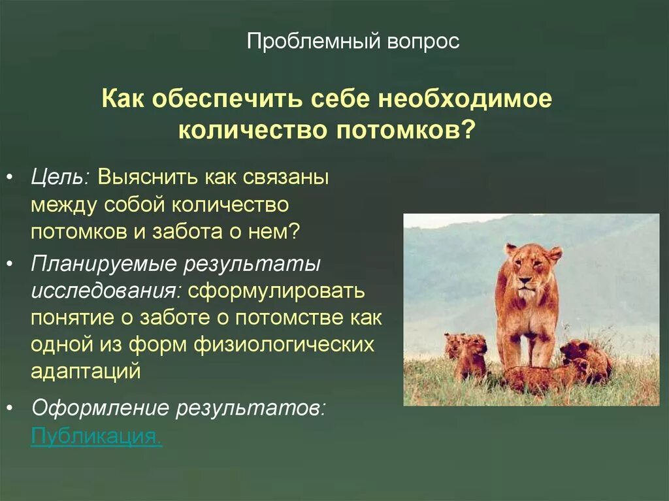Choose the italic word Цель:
coord(61,178)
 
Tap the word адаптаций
coord(86,371)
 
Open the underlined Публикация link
coord(96,436)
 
